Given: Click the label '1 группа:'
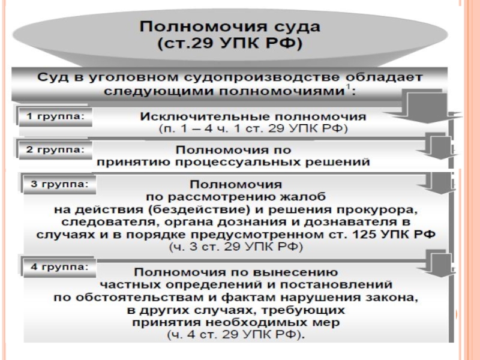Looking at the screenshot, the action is pyautogui.click(x=55, y=116).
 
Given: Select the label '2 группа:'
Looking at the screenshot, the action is pyautogui.click(x=55, y=150).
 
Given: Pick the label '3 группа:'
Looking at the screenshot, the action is pyautogui.click(x=59, y=184).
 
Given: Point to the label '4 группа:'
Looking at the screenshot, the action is pyautogui.click(x=59, y=267).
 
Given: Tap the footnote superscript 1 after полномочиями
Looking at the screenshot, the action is pyautogui.click(x=348, y=88).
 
